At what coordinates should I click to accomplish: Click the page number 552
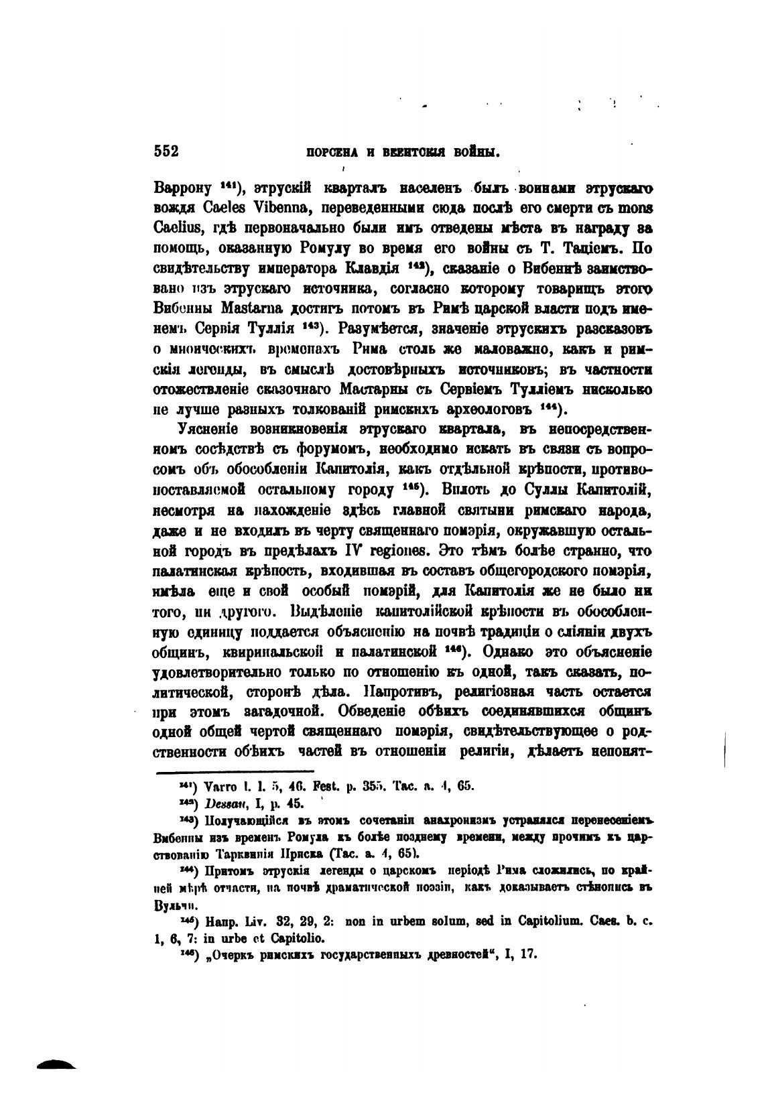pos(166,151)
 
